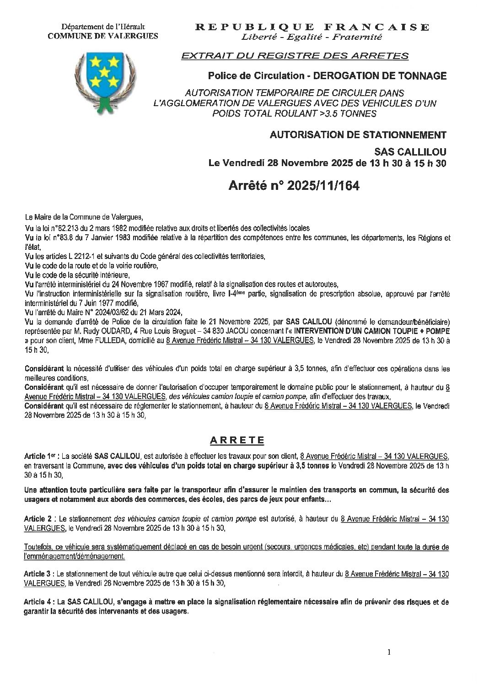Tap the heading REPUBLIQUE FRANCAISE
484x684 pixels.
312,27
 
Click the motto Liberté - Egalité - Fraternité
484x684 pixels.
312,37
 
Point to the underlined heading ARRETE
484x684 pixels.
237,440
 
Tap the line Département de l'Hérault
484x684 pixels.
103,28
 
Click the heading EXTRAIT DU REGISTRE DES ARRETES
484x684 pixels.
295,56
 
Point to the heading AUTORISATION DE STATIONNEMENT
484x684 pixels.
358,135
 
